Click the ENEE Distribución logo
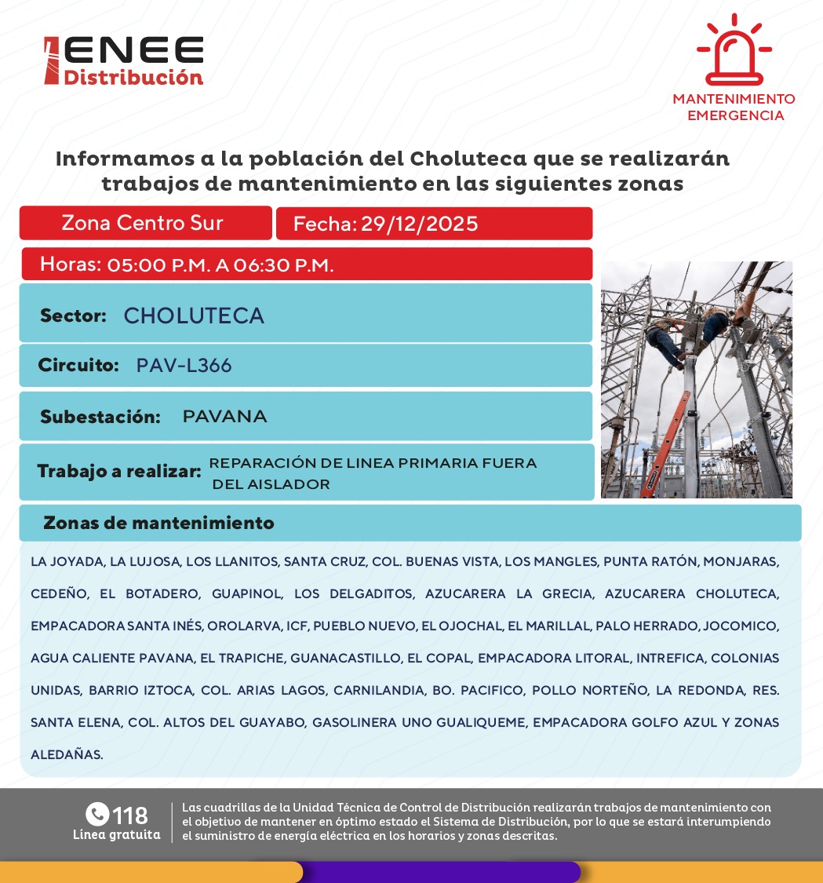tap(124, 60)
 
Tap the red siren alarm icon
tap(734, 51)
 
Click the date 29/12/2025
tap(419, 224)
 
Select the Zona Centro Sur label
tap(142, 223)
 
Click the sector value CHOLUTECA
tap(194, 316)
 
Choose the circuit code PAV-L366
tap(184, 366)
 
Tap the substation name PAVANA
tap(224, 417)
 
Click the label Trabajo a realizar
tap(119, 472)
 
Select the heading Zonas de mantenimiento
tap(158, 523)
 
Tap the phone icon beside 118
tap(97, 814)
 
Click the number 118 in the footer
tap(130, 815)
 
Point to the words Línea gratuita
tap(116, 835)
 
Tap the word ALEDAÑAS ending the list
tap(67, 755)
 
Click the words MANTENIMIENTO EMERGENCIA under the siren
tap(734, 108)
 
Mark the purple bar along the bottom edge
tap(439, 872)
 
